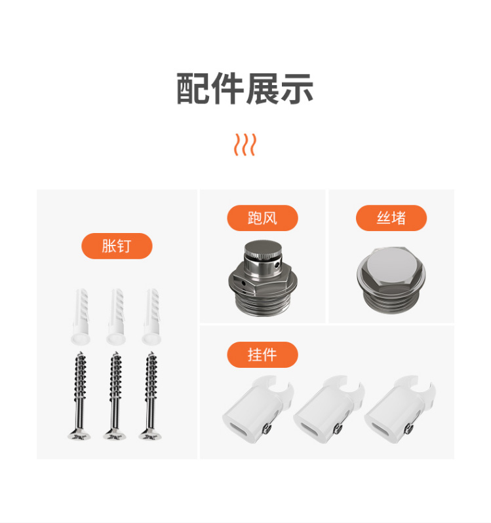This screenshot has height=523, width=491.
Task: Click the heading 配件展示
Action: click(245, 88)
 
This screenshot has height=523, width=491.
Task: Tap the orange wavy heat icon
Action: click(245, 145)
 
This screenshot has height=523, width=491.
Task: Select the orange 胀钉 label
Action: click(117, 246)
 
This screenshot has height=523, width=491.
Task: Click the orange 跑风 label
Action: click(262, 218)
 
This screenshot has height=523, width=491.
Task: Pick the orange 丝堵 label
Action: click(391, 218)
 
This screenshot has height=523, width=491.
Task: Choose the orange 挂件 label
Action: click(262, 355)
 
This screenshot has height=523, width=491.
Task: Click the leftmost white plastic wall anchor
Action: click(81, 317)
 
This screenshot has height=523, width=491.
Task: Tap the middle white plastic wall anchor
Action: click(116, 317)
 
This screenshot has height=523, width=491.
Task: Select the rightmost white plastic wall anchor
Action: click(151, 317)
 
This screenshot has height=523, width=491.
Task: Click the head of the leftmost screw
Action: click(79, 435)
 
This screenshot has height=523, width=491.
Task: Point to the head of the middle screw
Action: click(115, 435)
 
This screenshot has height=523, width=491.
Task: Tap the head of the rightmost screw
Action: click(150, 435)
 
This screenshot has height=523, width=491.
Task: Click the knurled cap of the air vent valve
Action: click(263, 249)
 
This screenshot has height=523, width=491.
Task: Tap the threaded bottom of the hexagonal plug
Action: click(391, 302)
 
